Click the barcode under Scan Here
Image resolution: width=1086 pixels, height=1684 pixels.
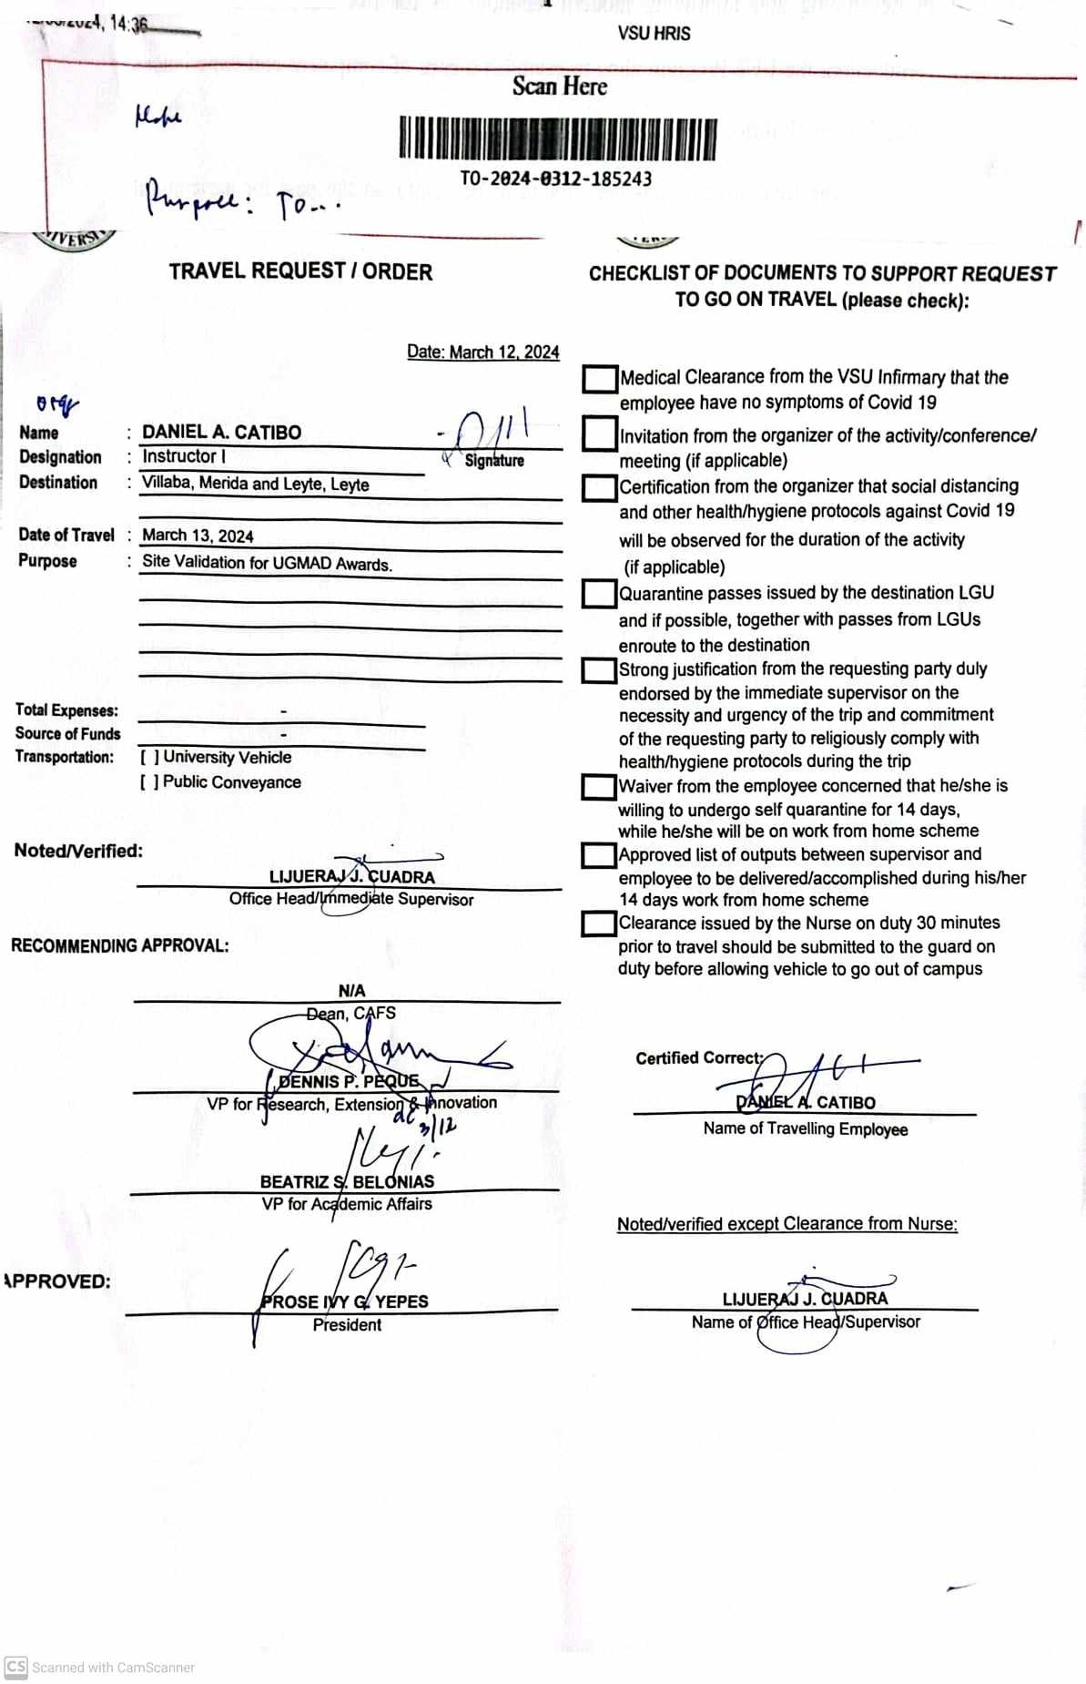pos(557,138)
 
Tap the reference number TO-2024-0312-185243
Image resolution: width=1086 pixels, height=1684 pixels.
pos(555,179)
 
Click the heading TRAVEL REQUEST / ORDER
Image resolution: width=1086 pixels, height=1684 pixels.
pos(300,271)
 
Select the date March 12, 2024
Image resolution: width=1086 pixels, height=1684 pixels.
pos(483,352)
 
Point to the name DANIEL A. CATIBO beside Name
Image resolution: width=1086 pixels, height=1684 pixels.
pos(221,433)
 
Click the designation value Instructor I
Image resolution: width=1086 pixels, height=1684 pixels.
pos(184,456)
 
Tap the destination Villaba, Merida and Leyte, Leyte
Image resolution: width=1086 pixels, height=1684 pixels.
pos(255,484)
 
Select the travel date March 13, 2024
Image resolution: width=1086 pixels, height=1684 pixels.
pos(198,536)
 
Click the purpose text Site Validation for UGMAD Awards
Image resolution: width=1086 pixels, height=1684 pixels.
pos(267,563)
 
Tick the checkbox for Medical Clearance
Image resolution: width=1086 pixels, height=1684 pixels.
pos(599,380)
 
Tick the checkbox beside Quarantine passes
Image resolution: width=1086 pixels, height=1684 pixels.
pos(599,595)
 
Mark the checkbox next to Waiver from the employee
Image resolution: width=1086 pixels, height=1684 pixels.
pos(599,787)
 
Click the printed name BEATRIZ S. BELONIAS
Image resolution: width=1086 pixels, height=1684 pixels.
pos(347,1182)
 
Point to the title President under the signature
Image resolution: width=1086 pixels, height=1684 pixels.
pos(347,1325)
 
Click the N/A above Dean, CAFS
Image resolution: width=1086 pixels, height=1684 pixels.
pos(351,991)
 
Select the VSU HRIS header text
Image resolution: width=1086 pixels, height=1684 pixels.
pos(654,34)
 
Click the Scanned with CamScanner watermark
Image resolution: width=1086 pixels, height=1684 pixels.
pos(100,1668)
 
